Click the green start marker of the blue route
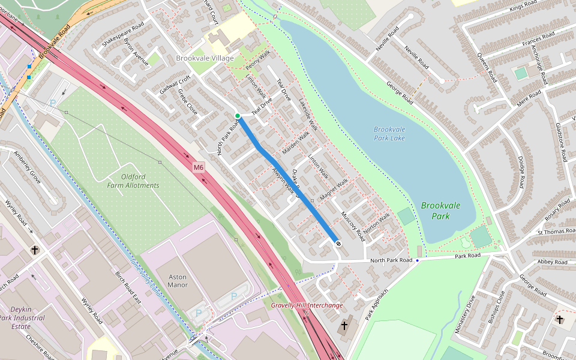(238, 116)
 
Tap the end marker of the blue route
(338, 244)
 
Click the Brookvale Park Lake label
(389, 134)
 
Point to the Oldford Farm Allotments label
(132, 181)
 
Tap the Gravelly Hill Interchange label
(307, 305)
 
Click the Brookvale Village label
(205, 58)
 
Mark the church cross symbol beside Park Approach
(344, 326)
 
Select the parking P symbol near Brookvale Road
(52, 103)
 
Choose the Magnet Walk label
(334, 189)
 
